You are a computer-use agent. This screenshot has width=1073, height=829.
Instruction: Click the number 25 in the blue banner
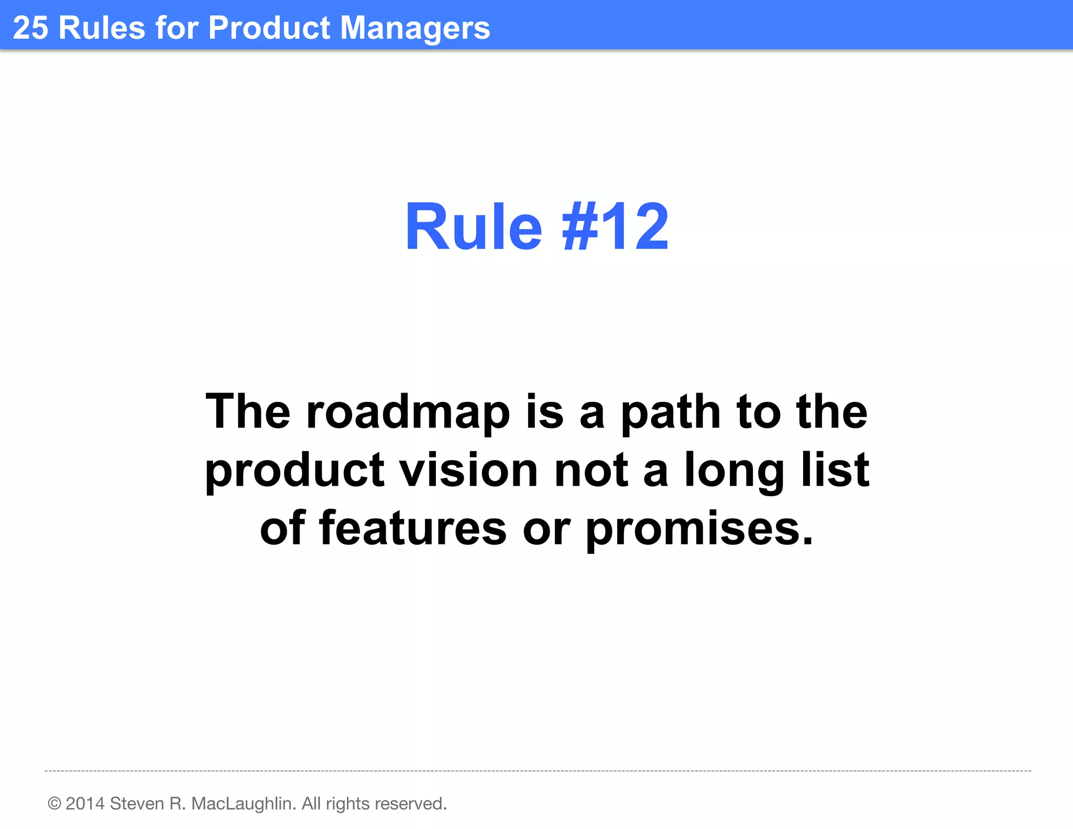[30, 27]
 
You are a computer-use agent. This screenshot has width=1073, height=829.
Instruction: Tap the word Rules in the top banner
[102, 27]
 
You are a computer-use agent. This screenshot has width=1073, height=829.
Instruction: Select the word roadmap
[408, 412]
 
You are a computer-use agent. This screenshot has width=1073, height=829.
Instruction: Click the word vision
[469, 470]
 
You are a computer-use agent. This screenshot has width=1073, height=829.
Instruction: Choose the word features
[413, 528]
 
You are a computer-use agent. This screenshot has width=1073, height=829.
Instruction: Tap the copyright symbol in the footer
[54, 803]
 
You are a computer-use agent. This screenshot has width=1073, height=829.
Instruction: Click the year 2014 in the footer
[85, 803]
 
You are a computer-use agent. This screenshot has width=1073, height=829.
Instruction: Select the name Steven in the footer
[137, 803]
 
